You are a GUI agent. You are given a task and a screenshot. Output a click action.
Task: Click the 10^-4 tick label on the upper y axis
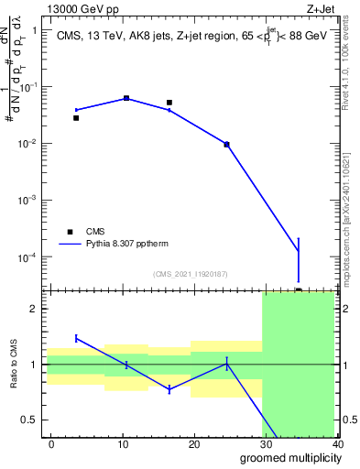(x=27, y=256)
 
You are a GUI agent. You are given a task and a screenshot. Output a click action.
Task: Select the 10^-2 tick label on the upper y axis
(x=27, y=144)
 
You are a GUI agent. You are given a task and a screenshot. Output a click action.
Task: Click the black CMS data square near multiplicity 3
(x=76, y=118)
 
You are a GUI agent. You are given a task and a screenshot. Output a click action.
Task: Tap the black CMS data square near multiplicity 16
(x=169, y=103)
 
